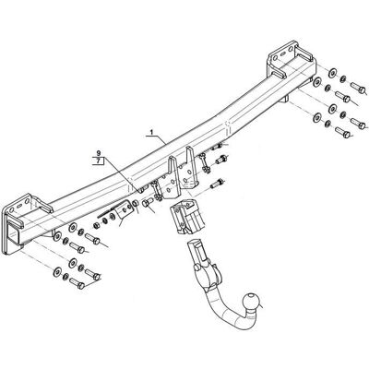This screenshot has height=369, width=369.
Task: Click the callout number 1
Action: coord(151,132)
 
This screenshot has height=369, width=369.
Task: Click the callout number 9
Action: coord(99,153)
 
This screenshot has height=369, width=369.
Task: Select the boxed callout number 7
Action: coord(98,161)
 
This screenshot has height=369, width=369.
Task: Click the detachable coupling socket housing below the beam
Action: coord(186,216)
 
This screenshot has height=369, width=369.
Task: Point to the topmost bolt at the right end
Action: coord(358,89)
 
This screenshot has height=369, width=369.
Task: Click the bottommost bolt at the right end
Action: coord(342,132)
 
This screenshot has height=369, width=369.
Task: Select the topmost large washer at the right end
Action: coord(332,73)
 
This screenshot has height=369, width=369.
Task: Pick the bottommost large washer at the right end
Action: coord(316,117)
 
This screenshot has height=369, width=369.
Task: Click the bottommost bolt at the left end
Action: coord(77,282)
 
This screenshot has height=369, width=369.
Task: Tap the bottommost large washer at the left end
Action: coord(57,272)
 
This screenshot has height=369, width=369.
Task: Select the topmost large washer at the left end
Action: coord(73,228)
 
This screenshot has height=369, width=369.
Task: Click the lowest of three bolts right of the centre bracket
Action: coord(217,184)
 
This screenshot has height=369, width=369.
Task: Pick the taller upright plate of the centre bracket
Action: coord(191,168)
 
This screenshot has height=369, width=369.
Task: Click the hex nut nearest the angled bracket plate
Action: coord(136,204)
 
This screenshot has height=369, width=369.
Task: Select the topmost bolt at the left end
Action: coord(92,239)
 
